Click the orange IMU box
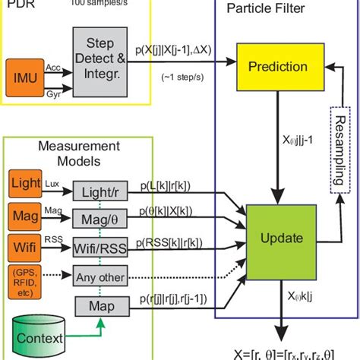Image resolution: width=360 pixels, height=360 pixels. pyautogui.click(x=27, y=76)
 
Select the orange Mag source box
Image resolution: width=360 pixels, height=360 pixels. pyautogui.click(x=27, y=216)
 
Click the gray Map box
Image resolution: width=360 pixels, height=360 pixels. pyautogui.click(x=99, y=306)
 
